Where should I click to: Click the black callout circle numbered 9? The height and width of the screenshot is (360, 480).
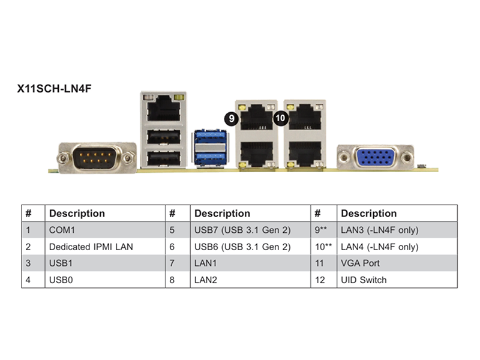tap(232, 118)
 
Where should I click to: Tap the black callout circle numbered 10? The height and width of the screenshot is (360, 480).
tap(280, 118)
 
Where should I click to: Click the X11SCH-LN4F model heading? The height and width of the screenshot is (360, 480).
tap(54, 88)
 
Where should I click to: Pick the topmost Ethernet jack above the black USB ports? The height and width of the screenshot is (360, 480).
tap(163, 108)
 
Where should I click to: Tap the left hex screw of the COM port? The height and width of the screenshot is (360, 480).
tap(63, 158)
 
